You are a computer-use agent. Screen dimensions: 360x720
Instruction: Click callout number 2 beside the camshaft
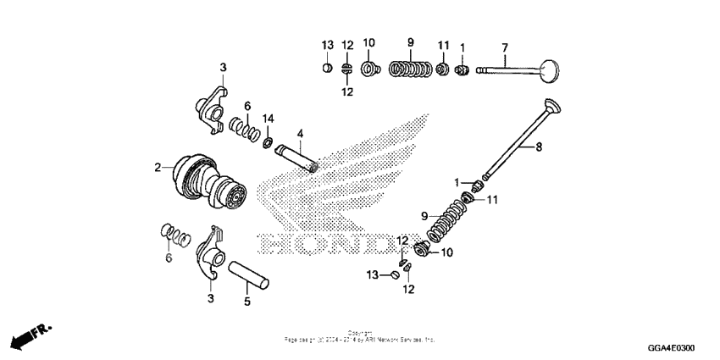coord(158,168)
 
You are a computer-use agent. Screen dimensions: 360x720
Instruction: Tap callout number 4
coord(299,133)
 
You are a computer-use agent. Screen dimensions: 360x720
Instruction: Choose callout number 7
coord(504,46)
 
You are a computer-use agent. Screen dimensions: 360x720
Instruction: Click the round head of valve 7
coord(550,69)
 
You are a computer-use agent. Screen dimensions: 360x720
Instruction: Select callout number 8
coord(538,146)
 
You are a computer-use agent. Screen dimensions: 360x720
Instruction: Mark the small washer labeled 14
coord(268,141)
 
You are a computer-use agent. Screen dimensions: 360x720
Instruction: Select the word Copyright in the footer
coord(359,332)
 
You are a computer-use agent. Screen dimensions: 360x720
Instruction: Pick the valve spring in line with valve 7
coord(410,69)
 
